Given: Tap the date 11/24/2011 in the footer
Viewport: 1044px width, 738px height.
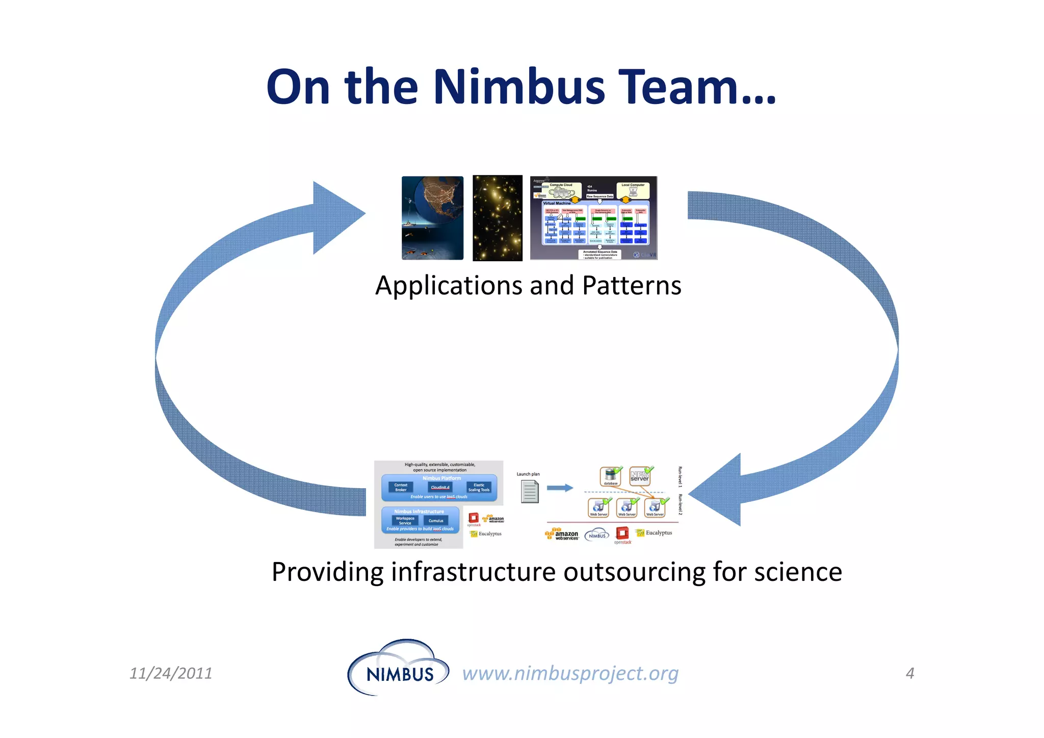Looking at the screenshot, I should [x=171, y=673].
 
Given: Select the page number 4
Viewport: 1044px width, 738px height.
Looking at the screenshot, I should [x=910, y=673].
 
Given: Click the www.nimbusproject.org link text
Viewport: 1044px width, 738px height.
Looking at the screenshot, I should [x=570, y=673].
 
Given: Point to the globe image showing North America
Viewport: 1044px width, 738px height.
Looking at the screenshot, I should [x=432, y=218].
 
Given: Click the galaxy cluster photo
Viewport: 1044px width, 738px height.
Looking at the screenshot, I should [x=497, y=218].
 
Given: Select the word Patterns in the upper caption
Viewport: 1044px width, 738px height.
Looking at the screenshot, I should [x=631, y=286].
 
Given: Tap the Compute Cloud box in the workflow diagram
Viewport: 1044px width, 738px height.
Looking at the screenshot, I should [x=561, y=190].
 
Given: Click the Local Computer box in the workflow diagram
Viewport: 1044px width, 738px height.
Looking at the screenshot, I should [x=633, y=190].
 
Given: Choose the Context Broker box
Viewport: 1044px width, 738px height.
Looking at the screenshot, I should [x=401, y=487].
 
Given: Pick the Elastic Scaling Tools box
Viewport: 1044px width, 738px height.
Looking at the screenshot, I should [x=479, y=487].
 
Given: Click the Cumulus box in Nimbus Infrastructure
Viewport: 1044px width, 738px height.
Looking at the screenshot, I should [x=436, y=521].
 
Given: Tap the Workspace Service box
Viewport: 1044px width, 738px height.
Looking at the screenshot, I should [x=405, y=520].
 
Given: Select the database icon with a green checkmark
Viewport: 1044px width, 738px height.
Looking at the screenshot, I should [x=610, y=476].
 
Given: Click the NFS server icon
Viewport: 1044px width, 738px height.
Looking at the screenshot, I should [x=639, y=476].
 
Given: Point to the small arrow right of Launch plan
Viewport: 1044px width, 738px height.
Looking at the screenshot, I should [x=560, y=488].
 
